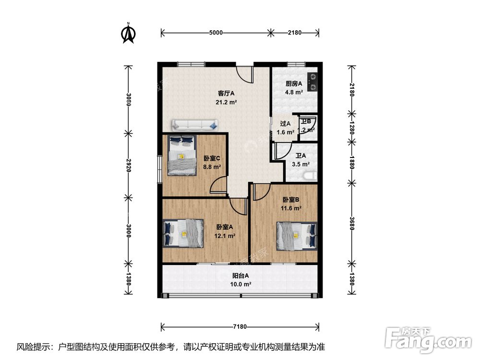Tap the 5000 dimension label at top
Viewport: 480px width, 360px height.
(x=216, y=33)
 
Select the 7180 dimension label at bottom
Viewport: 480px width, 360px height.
(x=240, y=327)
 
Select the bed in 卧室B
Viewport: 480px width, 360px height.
(x=296, y=236)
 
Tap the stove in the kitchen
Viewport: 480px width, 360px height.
(x=312, y=81)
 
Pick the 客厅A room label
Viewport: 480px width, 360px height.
(x=226, y=94)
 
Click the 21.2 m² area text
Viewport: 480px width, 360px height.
(x=226, y=102)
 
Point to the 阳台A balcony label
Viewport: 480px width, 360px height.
(x=240, y=276)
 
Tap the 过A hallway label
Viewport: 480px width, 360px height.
(x=286, y=123)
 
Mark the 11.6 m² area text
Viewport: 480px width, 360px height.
(x=291, y=208)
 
